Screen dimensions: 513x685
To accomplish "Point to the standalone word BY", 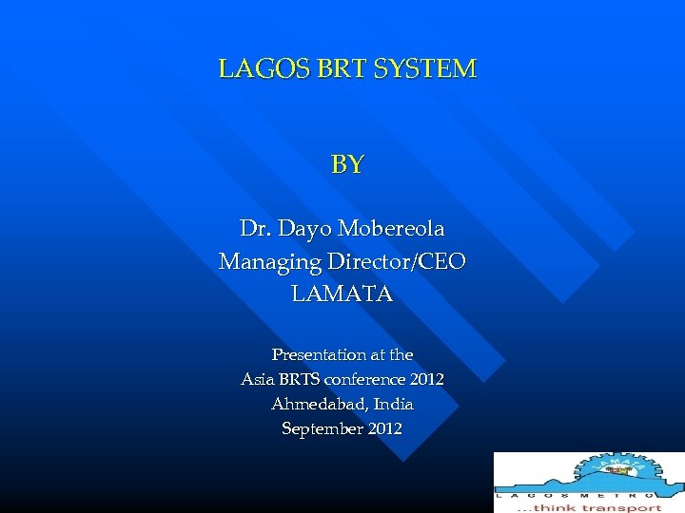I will (346, 165).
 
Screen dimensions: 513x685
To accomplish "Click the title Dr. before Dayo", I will (254, 229).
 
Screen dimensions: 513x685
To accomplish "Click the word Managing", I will (270, 262).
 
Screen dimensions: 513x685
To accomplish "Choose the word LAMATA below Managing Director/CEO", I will (342, 294).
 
